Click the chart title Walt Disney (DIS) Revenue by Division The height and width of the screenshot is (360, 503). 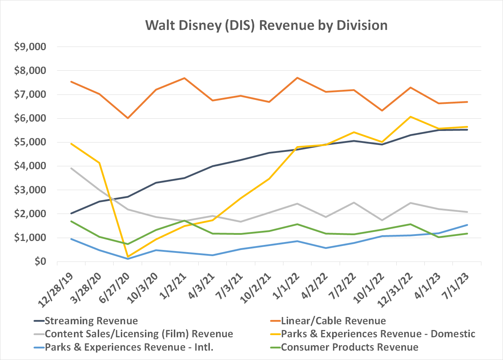(266, 26)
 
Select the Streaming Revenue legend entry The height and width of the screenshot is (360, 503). (91, 321)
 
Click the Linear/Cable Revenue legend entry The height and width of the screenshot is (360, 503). (333, 321)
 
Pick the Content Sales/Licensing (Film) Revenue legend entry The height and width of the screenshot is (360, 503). (139, 334)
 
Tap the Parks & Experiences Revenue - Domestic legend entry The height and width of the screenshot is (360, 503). (378, 334)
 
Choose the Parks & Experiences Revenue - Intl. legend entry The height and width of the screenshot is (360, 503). (129, 347)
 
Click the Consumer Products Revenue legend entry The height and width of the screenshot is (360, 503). (349, 347)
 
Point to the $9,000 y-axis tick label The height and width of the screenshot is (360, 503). (30, 47)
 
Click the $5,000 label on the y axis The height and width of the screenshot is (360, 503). (30, 142)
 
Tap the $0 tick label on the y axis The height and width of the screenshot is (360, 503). (40, 262)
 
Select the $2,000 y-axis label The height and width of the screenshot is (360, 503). (30, 214)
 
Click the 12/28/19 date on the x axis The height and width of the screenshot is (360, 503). (56, 290)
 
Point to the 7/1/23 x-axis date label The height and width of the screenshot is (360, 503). (456, 287)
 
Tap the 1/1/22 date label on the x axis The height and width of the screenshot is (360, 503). (286, 287)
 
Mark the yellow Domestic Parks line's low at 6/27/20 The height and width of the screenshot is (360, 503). (128, 256)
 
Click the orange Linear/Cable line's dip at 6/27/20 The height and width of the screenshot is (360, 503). (128, 118)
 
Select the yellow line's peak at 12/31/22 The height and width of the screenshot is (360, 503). (410, 117)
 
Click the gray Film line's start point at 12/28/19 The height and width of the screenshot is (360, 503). (71, 168)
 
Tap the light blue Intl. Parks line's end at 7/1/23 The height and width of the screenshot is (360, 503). (467, 225)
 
